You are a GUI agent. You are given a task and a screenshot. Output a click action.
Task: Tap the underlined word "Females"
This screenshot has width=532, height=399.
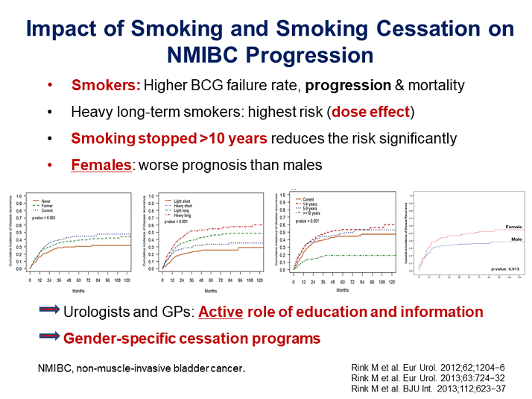[x=101, y=165]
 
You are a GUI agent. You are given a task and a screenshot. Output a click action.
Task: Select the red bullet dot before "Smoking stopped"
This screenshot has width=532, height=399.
[x=50, y=139]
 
